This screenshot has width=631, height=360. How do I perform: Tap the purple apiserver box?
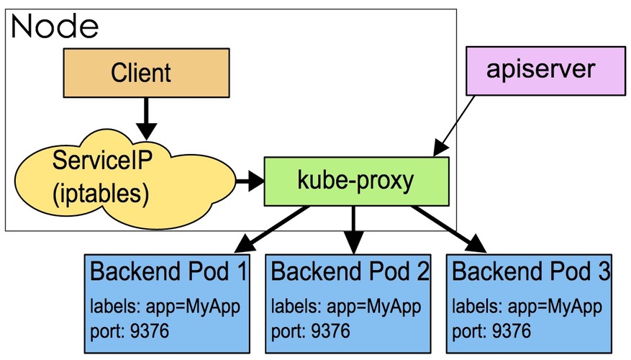[x=540, y=69]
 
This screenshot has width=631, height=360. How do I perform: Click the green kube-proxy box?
[x=356, y=181]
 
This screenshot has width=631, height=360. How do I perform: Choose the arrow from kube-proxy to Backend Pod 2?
[x=353, y=229]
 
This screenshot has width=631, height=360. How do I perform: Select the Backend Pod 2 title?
[x=350, y=272]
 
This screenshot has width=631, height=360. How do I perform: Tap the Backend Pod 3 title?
[x=531, y=272]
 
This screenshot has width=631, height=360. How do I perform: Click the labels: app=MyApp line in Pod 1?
[x=165, y=306]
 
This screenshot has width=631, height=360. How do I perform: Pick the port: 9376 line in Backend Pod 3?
[x=492, y=331]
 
